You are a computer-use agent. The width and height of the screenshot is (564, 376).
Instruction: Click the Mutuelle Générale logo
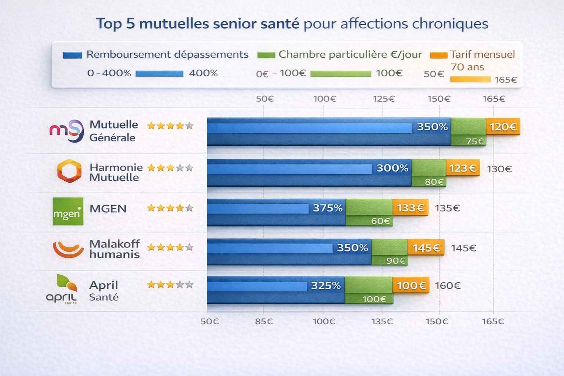(66, 131)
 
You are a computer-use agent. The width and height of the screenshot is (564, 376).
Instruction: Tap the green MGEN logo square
(68, 211)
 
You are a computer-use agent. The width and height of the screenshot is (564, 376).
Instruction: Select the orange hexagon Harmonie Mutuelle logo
(69, 171)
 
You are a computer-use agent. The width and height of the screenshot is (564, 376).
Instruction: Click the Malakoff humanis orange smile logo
(68, 249)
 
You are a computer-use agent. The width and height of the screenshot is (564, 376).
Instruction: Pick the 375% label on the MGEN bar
(328, 208)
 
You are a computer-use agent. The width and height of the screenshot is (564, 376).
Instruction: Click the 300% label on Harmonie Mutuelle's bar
(392, 168)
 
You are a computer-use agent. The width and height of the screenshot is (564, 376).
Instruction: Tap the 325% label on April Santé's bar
(326, 286)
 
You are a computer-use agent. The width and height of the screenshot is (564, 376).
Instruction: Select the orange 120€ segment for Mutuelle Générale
(503, 127)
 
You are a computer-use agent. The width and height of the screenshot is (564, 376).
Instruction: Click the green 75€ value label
(474, 141)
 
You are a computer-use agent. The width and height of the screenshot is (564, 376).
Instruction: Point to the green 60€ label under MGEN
(380, 221)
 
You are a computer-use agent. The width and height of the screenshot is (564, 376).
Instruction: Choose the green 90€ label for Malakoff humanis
(395, 261)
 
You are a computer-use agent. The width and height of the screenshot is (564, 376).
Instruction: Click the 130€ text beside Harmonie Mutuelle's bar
(499, 169)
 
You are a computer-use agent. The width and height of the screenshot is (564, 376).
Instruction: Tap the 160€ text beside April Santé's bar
(448, 286)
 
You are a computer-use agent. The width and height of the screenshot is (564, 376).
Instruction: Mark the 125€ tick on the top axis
(383, 99)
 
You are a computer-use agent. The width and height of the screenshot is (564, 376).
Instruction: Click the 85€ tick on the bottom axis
(264, 322)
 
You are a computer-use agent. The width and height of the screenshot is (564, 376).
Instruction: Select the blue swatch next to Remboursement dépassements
(72, 55)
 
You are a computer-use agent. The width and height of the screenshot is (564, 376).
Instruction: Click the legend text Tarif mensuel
(482, 54)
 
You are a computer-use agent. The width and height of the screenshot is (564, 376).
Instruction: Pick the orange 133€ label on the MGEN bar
(410, 208)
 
